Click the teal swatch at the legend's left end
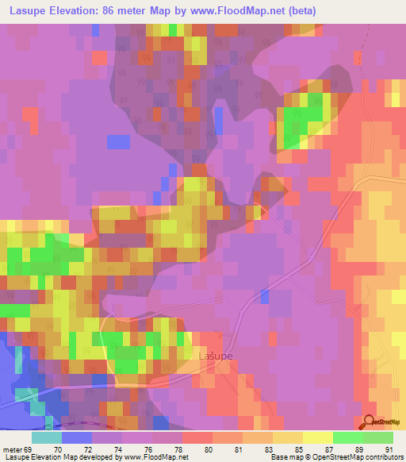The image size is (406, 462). pyautogui.click(x=47, y=438)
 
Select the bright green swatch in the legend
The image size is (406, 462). pyautogui.click(x=348, y=438)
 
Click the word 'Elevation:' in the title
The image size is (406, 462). pyautogui.click(x=77, y=11)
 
